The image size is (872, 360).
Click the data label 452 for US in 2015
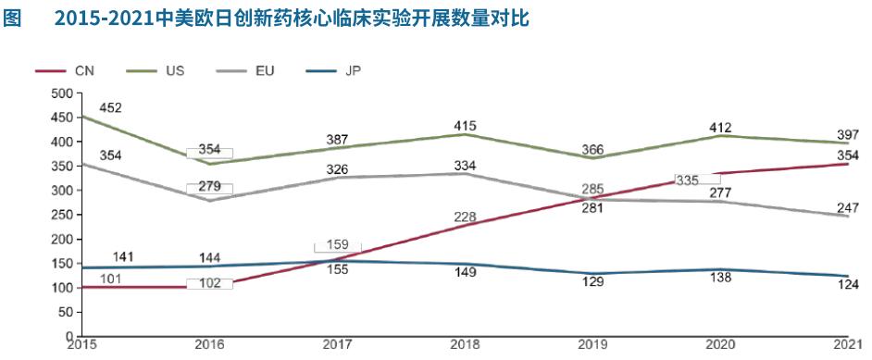tap(110, 108)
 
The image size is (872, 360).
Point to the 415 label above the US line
tap(465, 125)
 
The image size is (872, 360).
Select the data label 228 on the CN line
tap(465, 217)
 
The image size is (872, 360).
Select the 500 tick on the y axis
tap(61, 93)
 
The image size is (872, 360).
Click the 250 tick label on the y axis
tap(61, 215)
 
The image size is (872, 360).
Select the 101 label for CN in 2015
tap(110, 278)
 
